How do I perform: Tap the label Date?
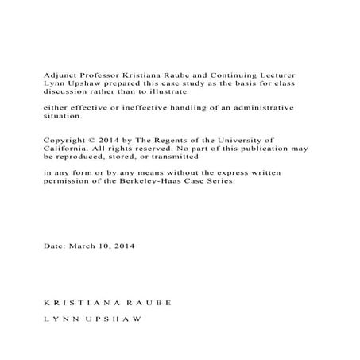(x=53, y=246)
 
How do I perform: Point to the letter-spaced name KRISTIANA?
(x=79, y=305)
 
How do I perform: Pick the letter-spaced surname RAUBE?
(x=149, y=305)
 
